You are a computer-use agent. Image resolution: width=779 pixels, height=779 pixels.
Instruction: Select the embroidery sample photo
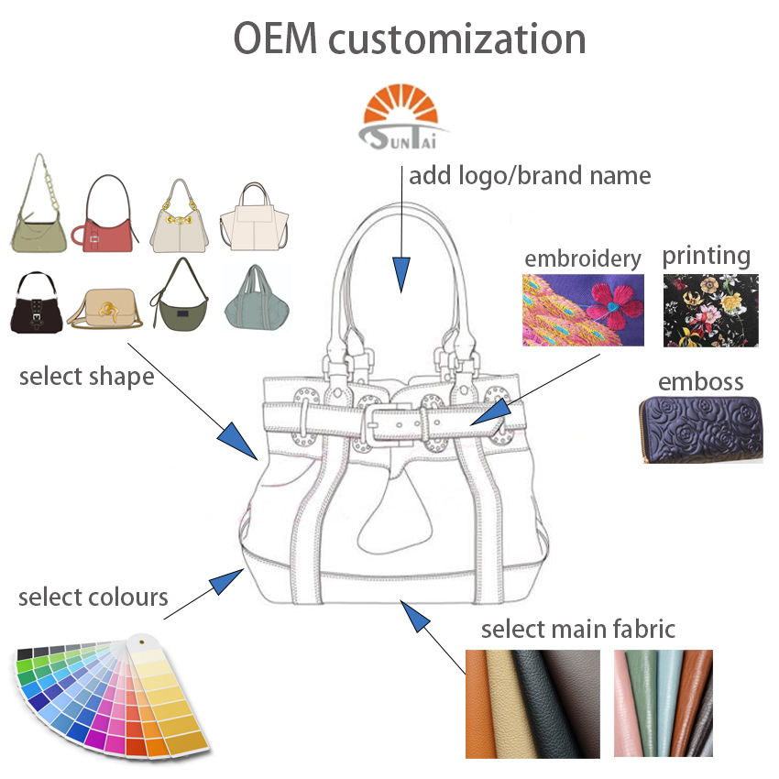[x=583, y=310]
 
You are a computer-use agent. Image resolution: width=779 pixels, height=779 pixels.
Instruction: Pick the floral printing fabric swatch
[x=710, y=310]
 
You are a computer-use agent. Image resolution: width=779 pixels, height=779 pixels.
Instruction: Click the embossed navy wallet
[x=701, y=429]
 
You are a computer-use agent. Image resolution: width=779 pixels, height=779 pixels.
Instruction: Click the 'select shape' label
[x=86, y=376]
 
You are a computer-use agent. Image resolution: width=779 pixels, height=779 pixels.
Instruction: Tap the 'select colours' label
[x=93, y=598]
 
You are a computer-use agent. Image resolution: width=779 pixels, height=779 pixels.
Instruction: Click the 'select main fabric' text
[x=578, y=629]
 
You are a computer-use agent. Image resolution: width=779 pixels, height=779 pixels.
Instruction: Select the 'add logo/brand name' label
[x=530, y=175]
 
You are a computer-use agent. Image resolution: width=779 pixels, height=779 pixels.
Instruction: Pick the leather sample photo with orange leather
[x=532, y=703]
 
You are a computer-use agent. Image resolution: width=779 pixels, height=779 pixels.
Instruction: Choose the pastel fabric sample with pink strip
[x=663, y=703]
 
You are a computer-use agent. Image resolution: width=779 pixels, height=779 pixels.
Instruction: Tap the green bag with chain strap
[x=39, y=213]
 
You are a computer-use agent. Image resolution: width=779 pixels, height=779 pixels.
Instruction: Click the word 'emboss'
[x=701, y=381]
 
